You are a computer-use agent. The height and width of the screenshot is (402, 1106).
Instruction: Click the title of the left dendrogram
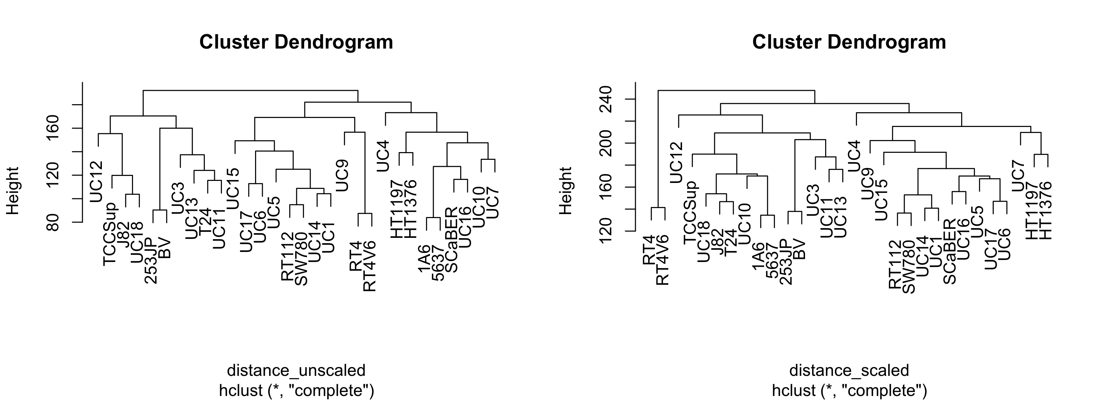tap(296, 43)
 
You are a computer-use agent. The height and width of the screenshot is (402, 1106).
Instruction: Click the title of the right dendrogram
tap(849, 43)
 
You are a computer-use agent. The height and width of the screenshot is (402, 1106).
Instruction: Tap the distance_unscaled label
tap(296, 370)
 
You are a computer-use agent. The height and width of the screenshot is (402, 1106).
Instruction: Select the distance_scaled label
tap(849, 370)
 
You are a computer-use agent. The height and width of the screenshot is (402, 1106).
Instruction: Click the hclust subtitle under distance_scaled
tap(849, 390)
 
